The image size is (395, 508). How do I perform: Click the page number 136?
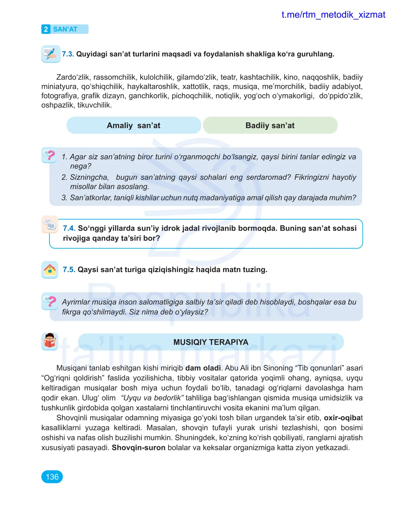click(52, 477)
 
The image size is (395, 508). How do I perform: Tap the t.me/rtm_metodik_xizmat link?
click(333, 15)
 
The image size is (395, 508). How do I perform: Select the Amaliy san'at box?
click(134, 125)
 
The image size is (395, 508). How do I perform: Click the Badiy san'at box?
click(270, 125)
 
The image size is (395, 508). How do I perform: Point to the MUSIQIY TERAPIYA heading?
click(211, 342)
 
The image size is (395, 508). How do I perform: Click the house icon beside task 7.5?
click(50, 269)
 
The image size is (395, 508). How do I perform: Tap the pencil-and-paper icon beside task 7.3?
click(50, 54)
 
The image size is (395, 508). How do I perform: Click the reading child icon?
click(50, 341)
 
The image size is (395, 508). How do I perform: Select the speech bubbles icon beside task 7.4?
click(50, 224)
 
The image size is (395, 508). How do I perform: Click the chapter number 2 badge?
click(46, 29)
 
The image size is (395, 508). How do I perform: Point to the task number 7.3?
click(68, 54)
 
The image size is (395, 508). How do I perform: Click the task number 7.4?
click(69, 228)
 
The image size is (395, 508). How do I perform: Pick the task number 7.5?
click(69, 269)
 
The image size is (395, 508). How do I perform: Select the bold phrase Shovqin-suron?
click(138, 448)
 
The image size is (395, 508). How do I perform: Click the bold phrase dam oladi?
click(203, 368)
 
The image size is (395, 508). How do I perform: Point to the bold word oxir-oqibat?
click(343, 418)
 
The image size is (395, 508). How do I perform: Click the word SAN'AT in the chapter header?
click(65, 29)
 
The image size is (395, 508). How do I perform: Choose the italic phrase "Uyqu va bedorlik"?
click(152, 398)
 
